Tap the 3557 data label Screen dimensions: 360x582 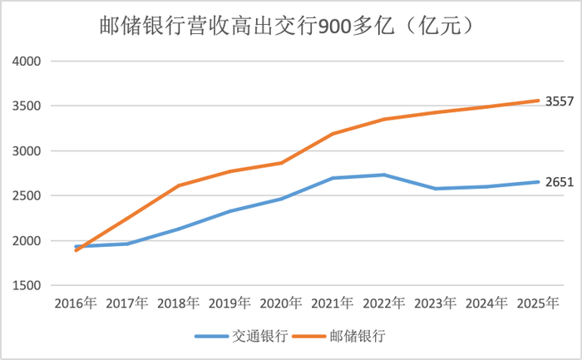(559, 101)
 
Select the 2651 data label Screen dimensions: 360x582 (559, 181)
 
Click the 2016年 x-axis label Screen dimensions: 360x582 (76, 302)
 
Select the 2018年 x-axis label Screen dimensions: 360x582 (179, 302)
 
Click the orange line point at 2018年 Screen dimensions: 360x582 (179, 185)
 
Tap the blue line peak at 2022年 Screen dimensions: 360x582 (383, 175)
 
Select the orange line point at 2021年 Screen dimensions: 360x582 (333, 134)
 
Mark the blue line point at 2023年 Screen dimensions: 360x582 (434, 189)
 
